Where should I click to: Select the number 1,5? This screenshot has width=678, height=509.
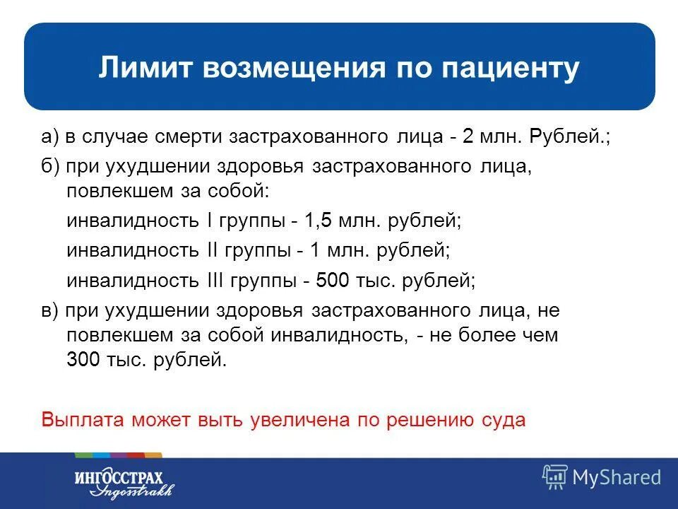318,221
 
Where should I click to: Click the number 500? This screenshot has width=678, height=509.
333,281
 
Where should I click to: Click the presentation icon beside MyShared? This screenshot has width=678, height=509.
554,477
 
